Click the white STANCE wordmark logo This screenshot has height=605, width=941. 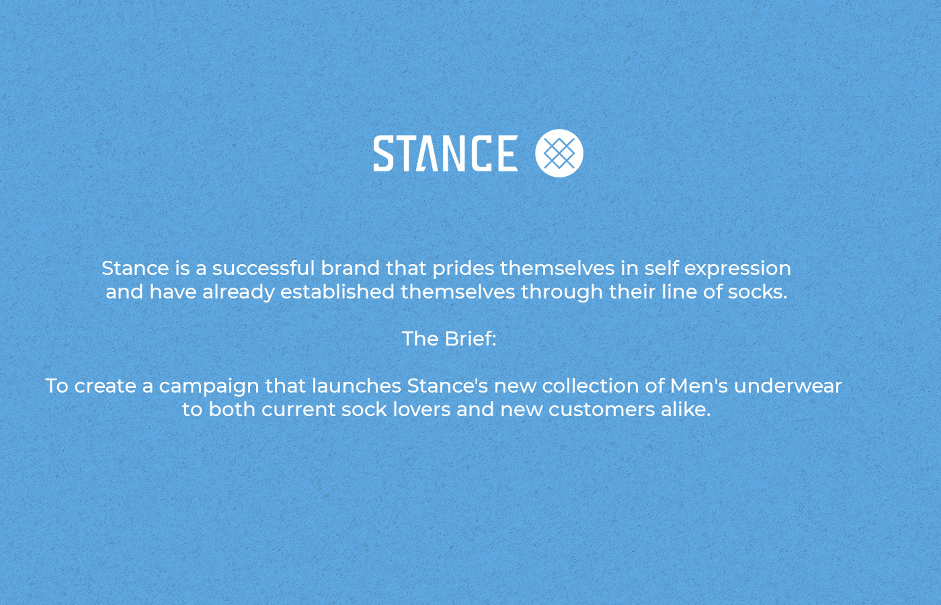click(x=446, y=153)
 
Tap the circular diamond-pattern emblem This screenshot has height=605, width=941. click(x=559, y=153)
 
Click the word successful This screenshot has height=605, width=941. click(x=263, y=268)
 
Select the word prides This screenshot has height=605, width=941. click(x=463, y=269)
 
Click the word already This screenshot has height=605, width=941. click(x=239, y=292)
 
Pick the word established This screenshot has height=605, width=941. click(x=337, y=292)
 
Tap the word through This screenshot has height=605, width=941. click(x=562, y=292)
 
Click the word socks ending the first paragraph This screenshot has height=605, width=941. click(x=758, y=292)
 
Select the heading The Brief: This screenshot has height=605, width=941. click(x=449, y=339)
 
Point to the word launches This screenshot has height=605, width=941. click(x=356, y=386)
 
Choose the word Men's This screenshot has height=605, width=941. click(x=699, y=386)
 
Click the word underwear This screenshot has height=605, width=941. click(x=788, y=386)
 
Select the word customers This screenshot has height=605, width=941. click(x=602, y=410)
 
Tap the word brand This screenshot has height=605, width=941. click(x=350, y=268)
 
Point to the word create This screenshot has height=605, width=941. click(x=106, y=387)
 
